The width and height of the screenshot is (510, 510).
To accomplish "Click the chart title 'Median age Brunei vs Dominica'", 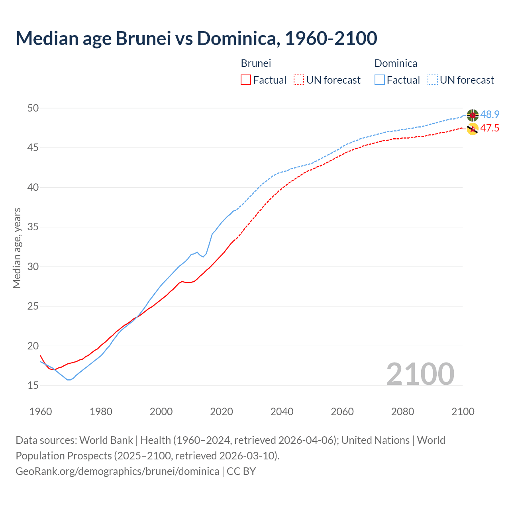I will point(196,38).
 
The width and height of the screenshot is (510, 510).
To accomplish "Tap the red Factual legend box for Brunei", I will point(246,80).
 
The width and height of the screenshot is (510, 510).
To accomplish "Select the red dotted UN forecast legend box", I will point(299,80).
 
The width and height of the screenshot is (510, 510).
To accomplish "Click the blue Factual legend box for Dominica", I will point(380,80).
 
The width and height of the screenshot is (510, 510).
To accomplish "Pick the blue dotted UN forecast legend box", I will point(433,80).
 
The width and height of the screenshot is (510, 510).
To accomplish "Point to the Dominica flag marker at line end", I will point(473,115).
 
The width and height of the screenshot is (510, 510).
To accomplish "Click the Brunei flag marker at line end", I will point(473,129).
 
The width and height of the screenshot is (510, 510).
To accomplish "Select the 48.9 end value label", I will point(490,115).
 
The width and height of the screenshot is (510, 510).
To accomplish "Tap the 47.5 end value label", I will point(490,128).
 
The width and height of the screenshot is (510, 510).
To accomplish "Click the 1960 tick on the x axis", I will point(41,412).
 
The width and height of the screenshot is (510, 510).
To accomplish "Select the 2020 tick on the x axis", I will point(222,412).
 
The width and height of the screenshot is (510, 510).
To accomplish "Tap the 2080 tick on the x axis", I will point(402,412).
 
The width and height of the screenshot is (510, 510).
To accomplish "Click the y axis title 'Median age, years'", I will point(17,248).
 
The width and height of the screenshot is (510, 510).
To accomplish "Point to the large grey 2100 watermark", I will point(420,374).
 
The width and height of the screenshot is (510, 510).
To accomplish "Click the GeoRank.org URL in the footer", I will point(117,471).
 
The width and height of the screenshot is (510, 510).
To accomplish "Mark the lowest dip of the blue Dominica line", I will point(69,380).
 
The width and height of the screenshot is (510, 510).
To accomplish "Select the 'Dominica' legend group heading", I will point(396,63).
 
